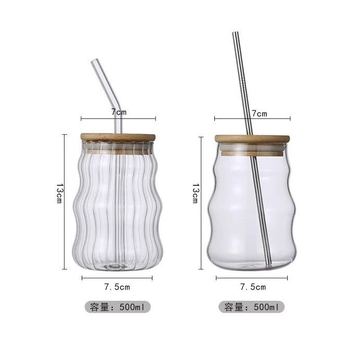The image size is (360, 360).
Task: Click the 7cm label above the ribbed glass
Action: point(119,112)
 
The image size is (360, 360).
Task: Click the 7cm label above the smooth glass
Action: point(260,113)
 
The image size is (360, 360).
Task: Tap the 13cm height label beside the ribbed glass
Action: point(59,193)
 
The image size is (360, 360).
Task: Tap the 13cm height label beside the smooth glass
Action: point(195,193)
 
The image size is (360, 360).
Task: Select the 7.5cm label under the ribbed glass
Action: point(117,287)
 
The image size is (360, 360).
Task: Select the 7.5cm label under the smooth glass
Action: point(253,287)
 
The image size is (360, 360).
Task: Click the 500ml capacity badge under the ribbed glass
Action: point(118,307)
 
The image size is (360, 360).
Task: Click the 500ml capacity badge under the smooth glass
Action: point(251,307)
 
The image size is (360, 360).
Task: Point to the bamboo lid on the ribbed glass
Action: point(118,137)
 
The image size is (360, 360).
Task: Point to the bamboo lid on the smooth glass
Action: point(252,139)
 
